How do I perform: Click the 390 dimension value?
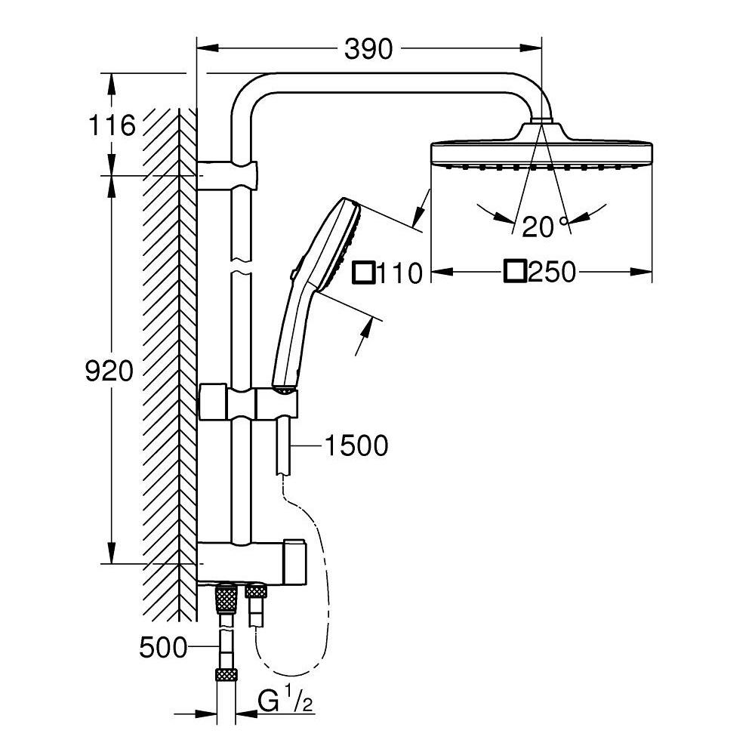tap(369, 49)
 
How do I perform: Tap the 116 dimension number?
tap(112, 125)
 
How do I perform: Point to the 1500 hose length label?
tap(356, 445)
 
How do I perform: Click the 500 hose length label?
tap(164, 647)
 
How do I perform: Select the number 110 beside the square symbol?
tap(399, 273)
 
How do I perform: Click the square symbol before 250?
tap(516, 271)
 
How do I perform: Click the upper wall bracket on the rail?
tap(229, 174)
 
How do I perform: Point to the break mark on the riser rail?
tap(241, 268)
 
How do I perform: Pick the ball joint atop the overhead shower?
tap(541, 120)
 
